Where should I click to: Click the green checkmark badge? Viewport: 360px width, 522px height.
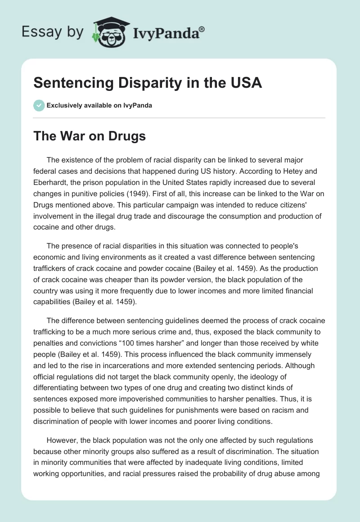pyautogui.click(x=39, y=106)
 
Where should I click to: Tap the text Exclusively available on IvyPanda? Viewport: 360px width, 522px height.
pyautogui.click(x=99, y=106)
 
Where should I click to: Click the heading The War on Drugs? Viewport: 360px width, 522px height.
pyautogui.click(x=89, y=136)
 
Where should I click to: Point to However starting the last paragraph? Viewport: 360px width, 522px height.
pyautogui.click(x=61, y=440)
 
